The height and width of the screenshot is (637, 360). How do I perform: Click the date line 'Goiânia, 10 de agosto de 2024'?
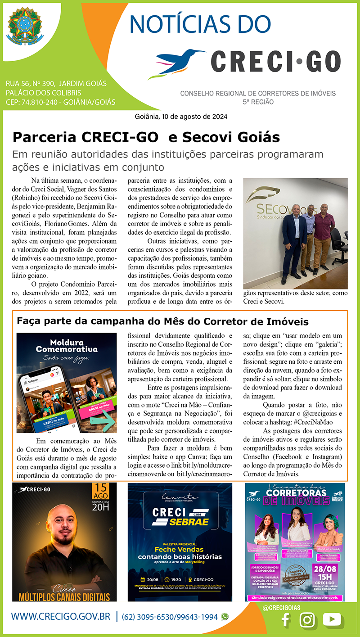[x=181, y=116]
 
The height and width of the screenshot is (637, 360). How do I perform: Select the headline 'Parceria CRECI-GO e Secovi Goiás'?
[x=146, y=137]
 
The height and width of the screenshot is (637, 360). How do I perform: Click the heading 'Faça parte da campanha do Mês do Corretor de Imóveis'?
[x=162, y=321]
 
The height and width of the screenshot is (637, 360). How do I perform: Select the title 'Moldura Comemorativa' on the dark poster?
[x=67, y=346]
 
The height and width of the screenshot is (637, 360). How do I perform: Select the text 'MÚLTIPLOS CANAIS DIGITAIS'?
[x=64, y=597]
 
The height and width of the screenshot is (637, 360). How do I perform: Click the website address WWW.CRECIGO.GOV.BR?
[x=61, y=617]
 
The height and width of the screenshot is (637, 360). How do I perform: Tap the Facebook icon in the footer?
[x=285, y=620]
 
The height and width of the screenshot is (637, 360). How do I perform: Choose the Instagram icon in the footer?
[x=308, y=620]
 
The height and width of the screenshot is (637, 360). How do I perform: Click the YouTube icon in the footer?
[x=333, y=620]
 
